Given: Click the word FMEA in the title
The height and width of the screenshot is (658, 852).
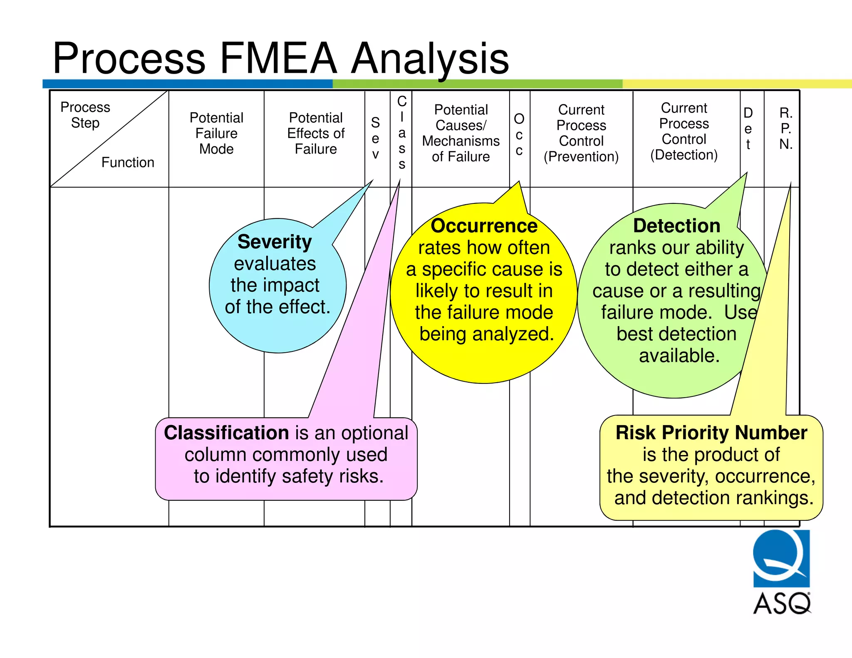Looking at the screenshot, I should click(x=278, y=58).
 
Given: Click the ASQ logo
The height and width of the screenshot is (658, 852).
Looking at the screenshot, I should click(x=781, y=571).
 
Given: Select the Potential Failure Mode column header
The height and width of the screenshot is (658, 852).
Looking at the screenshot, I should click(x=216, y=133).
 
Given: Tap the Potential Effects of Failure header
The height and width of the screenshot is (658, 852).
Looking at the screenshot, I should click(x=316, y=133).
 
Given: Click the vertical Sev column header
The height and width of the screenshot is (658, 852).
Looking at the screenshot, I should click(x=375, y=138).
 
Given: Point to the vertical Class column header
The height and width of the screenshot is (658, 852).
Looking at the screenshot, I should click(x=401, y=132).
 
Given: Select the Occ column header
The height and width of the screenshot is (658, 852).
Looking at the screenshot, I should click(x=519, y=134).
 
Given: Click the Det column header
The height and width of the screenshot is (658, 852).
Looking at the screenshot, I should click(x=748, y=129).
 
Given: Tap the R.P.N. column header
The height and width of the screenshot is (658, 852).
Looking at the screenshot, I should click(x=786, y=128).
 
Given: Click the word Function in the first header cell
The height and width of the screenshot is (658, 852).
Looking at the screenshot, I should click(x=128, y=162).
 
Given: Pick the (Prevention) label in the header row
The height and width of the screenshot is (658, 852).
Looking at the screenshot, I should click(x=581, y=157).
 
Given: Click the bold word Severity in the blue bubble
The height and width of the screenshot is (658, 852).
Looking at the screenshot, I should click(x=275, y=242).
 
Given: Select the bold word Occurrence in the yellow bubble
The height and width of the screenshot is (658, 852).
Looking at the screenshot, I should click(x=484, y=226).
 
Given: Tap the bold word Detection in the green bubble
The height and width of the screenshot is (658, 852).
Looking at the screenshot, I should click(x=676, y=226).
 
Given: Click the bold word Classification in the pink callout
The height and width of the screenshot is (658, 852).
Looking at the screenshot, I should click(x=226, y=433).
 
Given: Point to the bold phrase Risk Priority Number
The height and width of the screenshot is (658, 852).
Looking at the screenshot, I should click(x=711, y=433).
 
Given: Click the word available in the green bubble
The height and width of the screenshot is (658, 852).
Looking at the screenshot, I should click(x=679, y=356).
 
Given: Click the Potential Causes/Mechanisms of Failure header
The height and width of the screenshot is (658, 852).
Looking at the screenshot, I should click(x=461, y=133).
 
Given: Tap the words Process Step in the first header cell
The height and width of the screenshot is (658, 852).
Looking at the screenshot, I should click(x=85, y=115).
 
